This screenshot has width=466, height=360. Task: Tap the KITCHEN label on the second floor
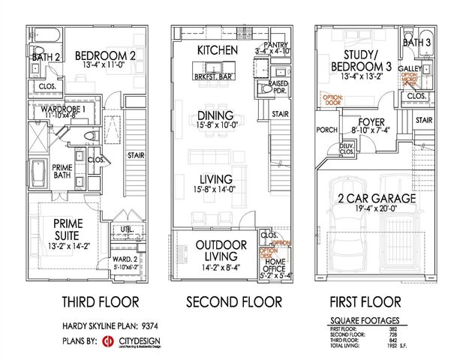[218, 49]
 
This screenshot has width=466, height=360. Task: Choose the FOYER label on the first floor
[371, 122]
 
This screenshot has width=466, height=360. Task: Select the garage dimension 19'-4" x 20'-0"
[376, 211]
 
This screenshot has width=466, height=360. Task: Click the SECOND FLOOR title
[234, 302]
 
